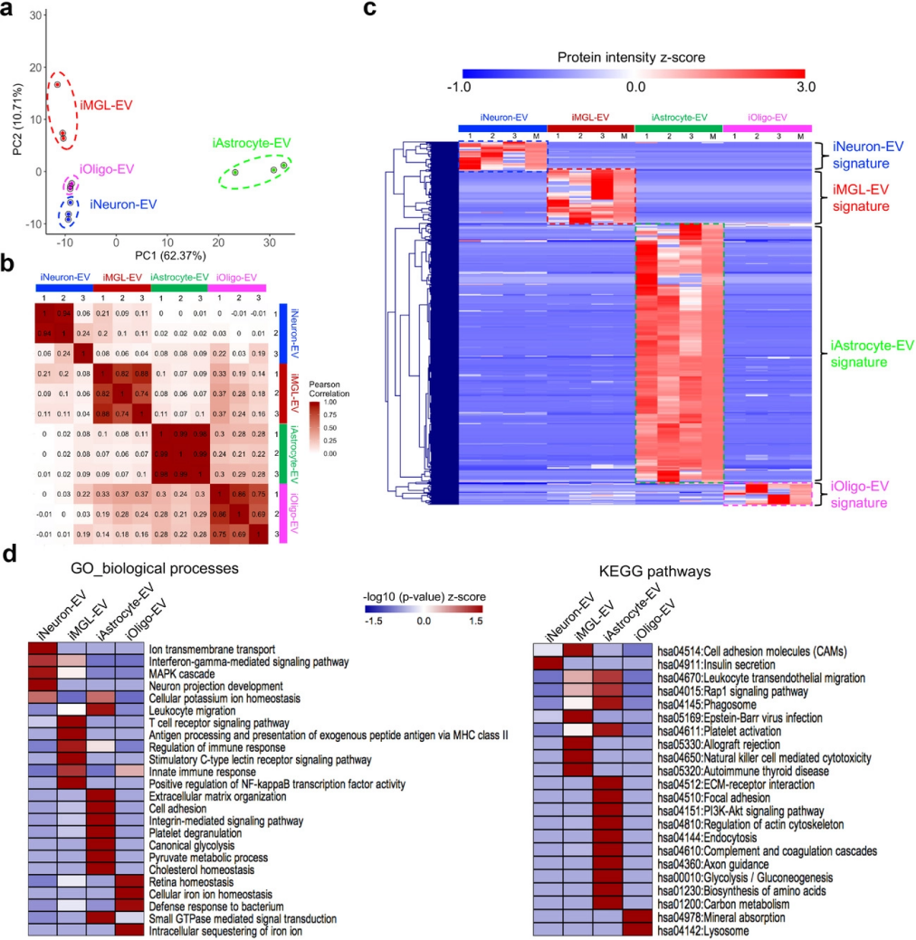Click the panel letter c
click(369, 11)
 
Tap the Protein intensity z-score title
click(634, 57)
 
